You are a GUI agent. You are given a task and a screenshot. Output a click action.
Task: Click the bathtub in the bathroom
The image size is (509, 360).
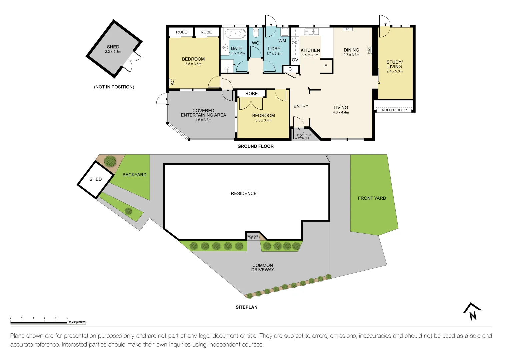coord(235,34)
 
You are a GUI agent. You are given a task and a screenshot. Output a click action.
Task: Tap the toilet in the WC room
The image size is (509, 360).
coord(256,33)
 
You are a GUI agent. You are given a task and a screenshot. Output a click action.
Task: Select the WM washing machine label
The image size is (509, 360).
coord(282,41)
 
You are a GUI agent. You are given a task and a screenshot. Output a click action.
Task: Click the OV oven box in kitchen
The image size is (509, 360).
coord(295,60)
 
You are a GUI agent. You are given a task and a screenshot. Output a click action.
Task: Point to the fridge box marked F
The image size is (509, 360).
coord(326,66)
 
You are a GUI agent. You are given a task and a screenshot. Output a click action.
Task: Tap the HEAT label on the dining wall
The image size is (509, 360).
coord(369,50)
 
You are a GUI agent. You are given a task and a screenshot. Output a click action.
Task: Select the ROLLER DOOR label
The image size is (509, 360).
coord(394,110)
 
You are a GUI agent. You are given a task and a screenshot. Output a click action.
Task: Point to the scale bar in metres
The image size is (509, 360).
coord(39,322)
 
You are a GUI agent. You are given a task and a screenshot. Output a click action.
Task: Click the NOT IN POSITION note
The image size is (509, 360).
coord(114,87)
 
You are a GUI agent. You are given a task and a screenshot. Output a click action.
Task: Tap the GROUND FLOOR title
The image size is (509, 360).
coord(255,146)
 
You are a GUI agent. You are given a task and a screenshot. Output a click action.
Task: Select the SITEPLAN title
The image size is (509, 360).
coord(246,307)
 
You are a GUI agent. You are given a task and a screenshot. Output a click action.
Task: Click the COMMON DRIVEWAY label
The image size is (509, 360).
coord(263,268)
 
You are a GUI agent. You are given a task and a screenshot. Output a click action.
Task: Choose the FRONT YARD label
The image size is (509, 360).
coord(372,198)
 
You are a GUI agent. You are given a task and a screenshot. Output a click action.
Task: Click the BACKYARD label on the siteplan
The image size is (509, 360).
coord(134,175)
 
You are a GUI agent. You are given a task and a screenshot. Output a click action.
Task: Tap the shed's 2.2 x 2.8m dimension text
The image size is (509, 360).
coord(113,52)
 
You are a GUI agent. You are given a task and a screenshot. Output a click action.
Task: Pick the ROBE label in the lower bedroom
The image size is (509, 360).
coord(251,94)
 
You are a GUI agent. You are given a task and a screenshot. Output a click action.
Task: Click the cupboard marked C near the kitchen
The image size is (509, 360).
coord(290,69)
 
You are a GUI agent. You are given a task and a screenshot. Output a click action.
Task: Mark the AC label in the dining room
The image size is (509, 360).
coord(347,29)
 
